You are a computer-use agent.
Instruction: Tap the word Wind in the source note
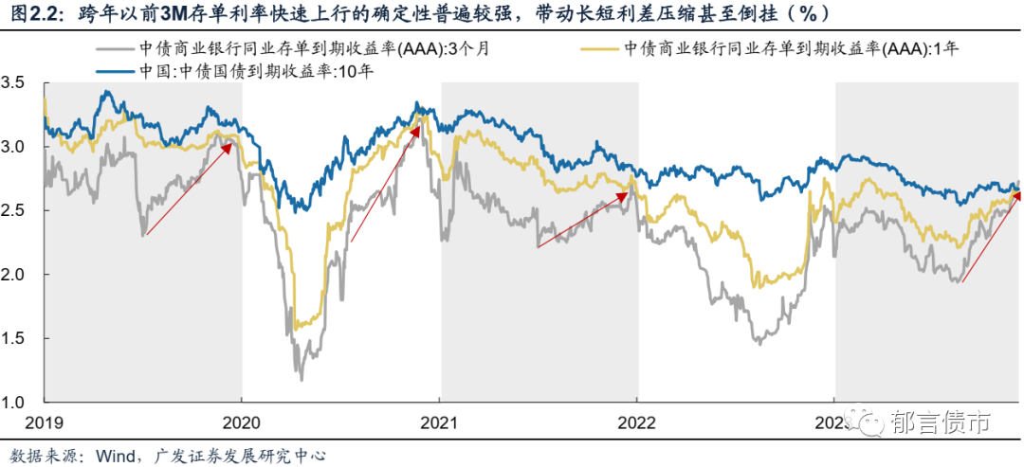tap(115, 456)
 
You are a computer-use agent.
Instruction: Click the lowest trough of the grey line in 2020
tap(302, 380)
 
